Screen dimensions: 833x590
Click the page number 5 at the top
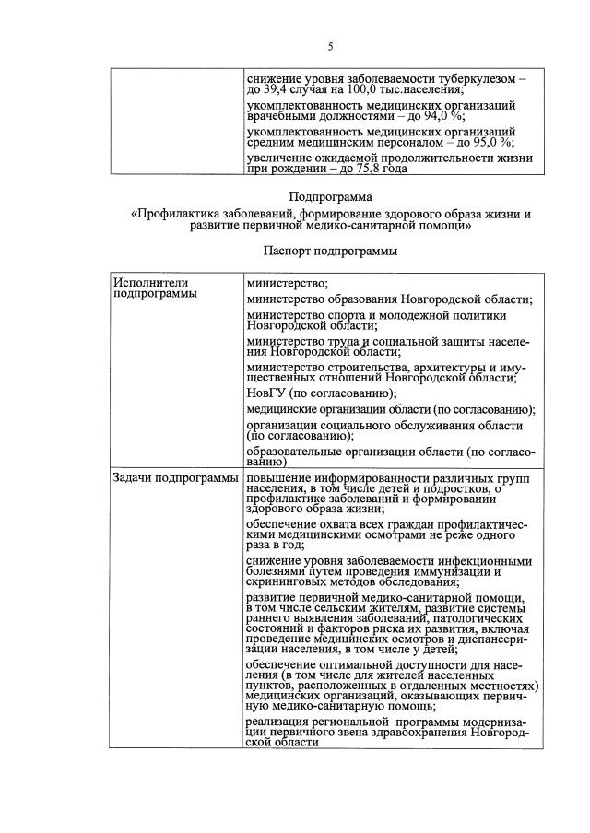coord(330,47)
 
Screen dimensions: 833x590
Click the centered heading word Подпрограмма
coord(330,196)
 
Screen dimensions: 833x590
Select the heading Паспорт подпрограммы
coord(330,251)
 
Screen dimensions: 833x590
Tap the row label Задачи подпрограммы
coord(173,477)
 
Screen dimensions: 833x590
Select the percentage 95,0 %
coord(494,142)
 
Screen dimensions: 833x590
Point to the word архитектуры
coord(442,366)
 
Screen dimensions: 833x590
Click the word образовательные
coord(299,452)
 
